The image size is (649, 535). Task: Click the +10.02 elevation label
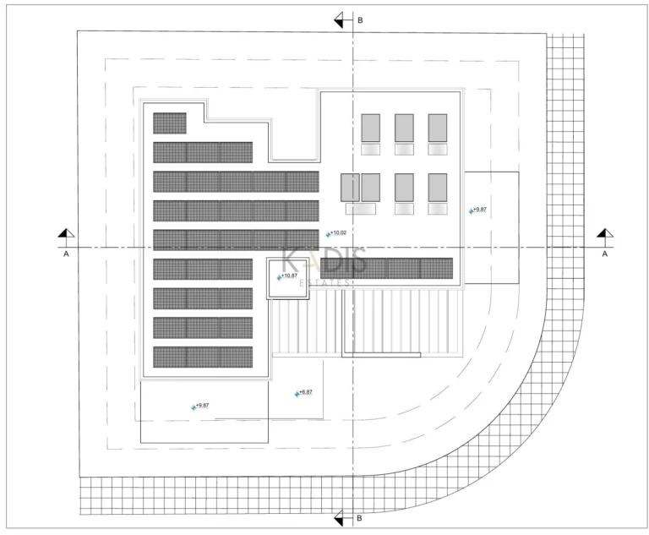pyautogui.click(x=338, y=232)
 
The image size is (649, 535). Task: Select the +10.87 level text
pyautogui.click(x=289, y=276)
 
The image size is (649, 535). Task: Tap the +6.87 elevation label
pyautogui.click(x=305, y=392)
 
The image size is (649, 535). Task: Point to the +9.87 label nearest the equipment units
pyautogui.click(x=478, y=209)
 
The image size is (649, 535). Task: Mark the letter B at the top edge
pyautogui.click(x=359, y=19)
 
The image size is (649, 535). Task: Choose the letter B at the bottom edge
pyautogui.click(x=359, y=518)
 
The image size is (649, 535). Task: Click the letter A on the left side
pyautogui.click(x=66, y=253)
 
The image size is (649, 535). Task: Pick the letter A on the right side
pyautogui.click(x=604, y=253)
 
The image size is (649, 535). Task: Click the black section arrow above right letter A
pyautogui.click(x=603, y=233)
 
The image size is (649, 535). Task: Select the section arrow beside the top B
pyautogui.click(x=340, y=19)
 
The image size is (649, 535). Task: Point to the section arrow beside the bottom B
pyautogui.click(x=340, y=517)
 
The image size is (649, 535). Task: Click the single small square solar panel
pyautogui.click(x=169, y=123)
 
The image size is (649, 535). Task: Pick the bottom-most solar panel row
pyautogui.click(x=203, y=357)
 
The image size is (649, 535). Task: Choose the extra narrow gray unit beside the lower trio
pyautogui.click(x=350, y=187)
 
